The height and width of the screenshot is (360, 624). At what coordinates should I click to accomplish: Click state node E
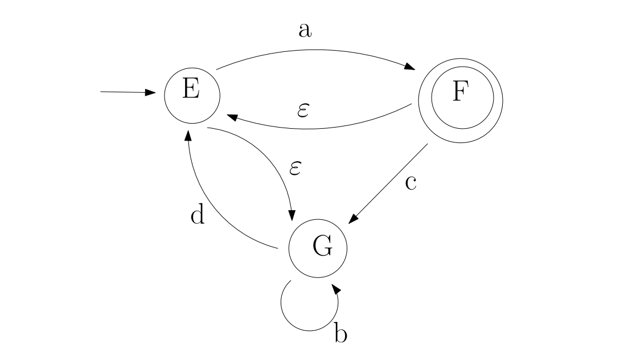point(192,93)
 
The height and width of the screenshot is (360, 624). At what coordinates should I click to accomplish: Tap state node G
point(318,249)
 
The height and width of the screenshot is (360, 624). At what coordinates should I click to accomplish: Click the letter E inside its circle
point(191,91)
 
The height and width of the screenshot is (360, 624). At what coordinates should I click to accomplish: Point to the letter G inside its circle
point(322,247)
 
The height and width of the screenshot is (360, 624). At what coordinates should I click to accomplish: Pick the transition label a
point(305,30)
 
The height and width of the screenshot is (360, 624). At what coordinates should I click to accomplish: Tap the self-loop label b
point(340,334)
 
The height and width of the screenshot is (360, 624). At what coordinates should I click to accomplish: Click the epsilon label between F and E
point(303,110)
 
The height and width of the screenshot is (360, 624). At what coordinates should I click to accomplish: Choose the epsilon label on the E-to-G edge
point(295,169)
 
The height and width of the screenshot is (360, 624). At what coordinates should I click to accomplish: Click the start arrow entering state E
point(128,92)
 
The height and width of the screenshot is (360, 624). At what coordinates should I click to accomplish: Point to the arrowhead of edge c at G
point(354,219)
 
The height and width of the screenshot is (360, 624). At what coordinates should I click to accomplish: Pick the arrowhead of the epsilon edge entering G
point(292,215)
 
